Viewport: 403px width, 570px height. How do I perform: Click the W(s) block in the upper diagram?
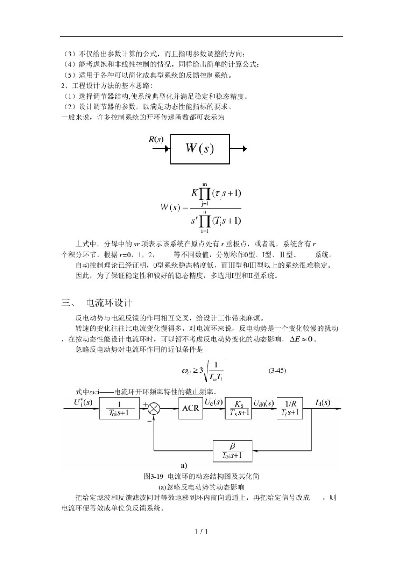200,149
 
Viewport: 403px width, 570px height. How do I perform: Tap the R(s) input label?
156,139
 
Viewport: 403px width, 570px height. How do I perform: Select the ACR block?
190,408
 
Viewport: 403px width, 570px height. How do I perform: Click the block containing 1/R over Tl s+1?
291,408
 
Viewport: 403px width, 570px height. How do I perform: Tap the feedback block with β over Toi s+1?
232,451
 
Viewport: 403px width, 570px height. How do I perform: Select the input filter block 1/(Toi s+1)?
119,408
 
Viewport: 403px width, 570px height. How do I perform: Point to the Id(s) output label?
323,402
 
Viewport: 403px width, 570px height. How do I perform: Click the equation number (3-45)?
277,370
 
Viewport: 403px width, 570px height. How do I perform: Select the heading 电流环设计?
109,303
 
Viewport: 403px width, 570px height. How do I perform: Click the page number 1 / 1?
201,532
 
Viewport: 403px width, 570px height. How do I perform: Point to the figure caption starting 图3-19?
201,476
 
